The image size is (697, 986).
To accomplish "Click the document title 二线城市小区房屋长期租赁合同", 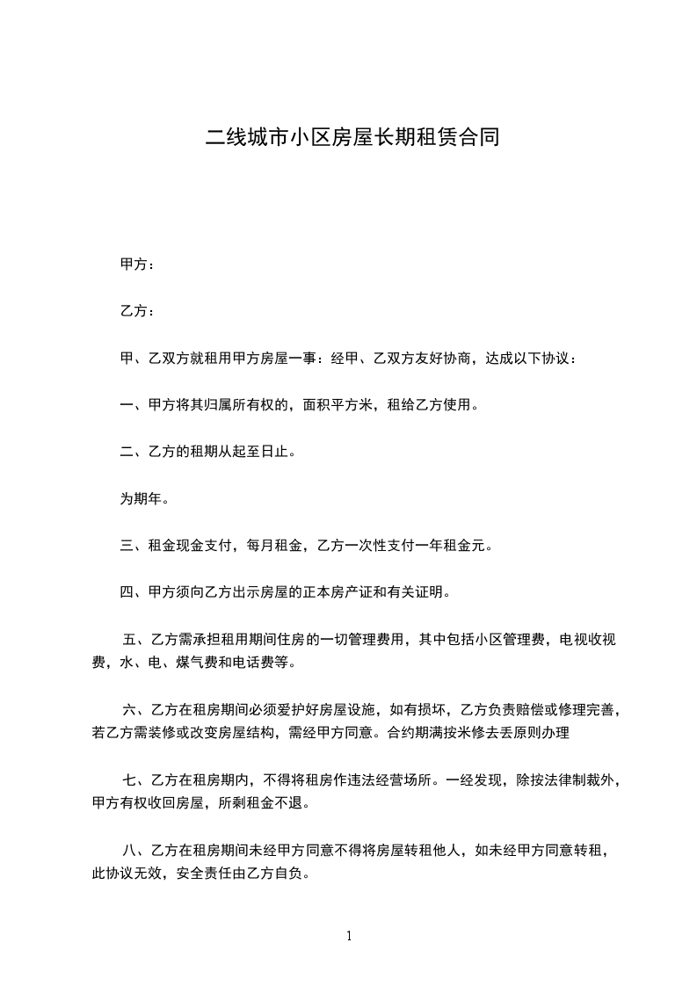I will point(352,137).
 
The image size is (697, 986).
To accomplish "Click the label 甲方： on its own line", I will point(138,264).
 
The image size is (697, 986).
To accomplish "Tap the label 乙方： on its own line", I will point(138,311).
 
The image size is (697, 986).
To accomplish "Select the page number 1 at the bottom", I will point(349,936).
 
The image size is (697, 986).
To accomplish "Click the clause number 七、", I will point(136,779).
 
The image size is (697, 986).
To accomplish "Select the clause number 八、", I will point(136,850).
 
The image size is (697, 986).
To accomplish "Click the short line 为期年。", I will point(144,499).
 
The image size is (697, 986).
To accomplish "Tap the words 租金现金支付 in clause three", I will point(193,546).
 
